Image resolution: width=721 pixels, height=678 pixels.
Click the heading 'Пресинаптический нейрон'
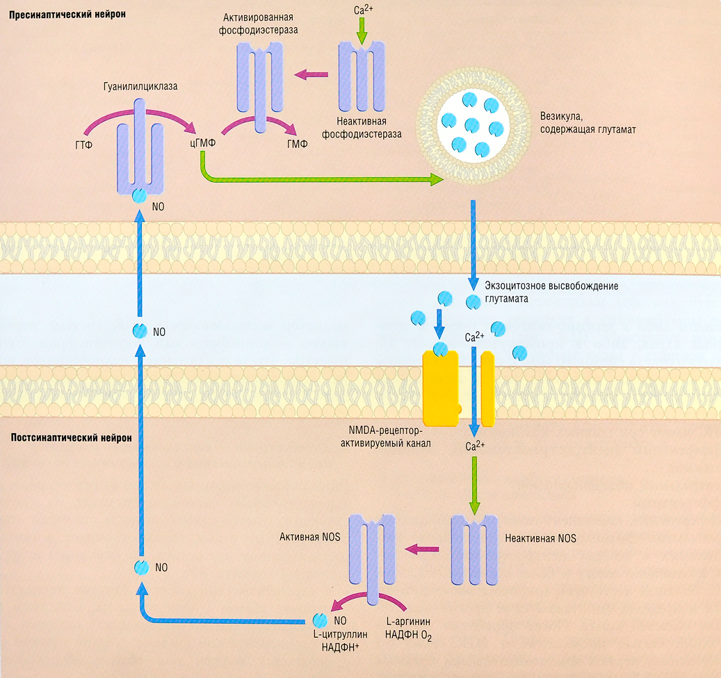tap(67, 15)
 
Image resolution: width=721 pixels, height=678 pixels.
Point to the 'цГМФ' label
tap(203, 144)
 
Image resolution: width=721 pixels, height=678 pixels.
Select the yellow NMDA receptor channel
tap(457, 388)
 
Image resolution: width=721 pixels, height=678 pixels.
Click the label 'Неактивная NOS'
tap(541, 538)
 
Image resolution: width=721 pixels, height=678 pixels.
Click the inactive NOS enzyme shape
tap(475, 550)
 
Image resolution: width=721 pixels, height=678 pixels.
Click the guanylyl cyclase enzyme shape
tap(140, 153)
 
